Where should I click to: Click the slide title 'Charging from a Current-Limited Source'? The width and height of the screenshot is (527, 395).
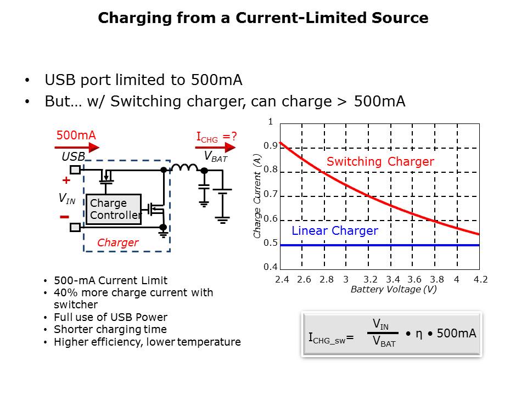[263, 18]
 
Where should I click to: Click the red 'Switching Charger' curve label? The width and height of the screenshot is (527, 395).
[380, 162]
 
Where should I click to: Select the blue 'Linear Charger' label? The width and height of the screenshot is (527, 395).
[334, 231]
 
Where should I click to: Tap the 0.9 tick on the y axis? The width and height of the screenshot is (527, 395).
[270, 146]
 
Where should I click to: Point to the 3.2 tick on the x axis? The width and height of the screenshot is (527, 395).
[371, 280]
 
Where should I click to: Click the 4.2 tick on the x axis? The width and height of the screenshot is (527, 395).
[480, 280]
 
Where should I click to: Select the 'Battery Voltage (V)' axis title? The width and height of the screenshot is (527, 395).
[394, 290]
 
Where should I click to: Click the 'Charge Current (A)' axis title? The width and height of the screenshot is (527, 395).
[257, 196]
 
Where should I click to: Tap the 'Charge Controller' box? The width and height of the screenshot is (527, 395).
[114, 210]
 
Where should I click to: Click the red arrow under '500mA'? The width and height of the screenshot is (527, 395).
[77, 147]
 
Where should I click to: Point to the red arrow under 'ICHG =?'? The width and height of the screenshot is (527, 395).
[216, 147]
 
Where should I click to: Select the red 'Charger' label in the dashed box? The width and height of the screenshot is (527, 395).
[117, 242]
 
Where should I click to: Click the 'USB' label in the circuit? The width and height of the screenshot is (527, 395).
[73, 157]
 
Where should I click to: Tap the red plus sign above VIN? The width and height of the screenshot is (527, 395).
[66, 180]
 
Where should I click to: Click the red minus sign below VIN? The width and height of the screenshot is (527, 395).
[64, 217]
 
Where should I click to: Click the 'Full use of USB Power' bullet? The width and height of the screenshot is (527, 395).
[110, 317]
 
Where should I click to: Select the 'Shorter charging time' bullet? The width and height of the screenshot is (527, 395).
[110, 330]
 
